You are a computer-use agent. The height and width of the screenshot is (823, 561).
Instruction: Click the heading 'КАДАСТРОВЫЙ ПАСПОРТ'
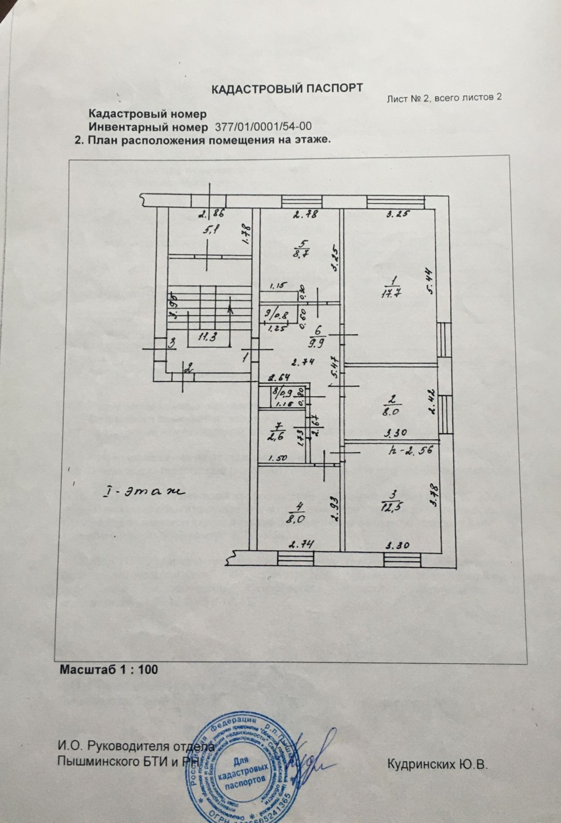287,88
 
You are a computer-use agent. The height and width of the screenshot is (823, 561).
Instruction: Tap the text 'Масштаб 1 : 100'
108,669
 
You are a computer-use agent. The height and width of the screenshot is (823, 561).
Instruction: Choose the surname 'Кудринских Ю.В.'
437,764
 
